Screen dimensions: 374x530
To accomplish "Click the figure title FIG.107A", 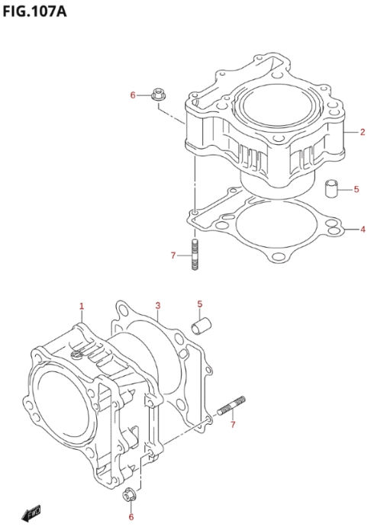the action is [x=34, y=12].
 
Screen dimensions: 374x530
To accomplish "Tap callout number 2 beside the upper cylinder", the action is [x=363, y=132].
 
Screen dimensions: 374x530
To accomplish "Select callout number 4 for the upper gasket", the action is [x=363, y=230].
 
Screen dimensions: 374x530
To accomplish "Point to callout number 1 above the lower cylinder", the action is [x=82, y=307].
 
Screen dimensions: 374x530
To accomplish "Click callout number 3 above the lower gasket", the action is [x=158, y=306].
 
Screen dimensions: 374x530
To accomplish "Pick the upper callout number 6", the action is [x=133, y=95].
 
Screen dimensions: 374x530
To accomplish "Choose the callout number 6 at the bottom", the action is [x=131, y=517].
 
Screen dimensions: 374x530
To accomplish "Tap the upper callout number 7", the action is [x=173, y=255].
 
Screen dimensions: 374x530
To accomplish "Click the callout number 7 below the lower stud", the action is [x=233, y=424].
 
